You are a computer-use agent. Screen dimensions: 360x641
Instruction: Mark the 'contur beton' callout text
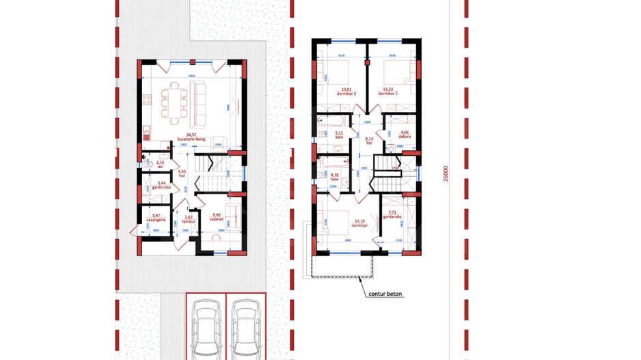point(385,295)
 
